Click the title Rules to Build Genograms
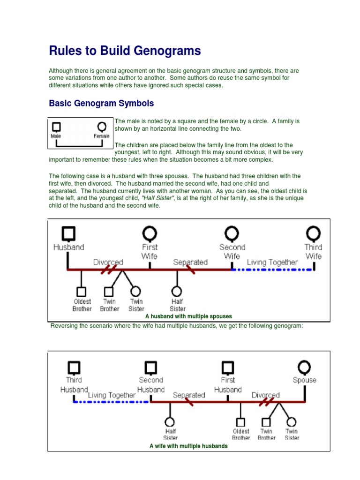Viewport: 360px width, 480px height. (125, 51)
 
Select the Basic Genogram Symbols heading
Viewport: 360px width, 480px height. (101, 103)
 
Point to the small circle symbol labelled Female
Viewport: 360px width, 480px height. (101, 127)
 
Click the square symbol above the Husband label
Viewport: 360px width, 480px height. (68, 233)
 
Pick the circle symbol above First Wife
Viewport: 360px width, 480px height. (150, 233)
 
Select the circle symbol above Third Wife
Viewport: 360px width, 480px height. (313, 233)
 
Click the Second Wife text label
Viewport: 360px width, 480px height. (232, 251)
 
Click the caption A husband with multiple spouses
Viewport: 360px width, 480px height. (188, 316)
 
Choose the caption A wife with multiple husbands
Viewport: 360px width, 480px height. (188, 446)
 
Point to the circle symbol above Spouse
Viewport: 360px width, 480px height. (304, 367)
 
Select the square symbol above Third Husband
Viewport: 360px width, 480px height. (74, 367)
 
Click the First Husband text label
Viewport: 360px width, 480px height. (228, 385)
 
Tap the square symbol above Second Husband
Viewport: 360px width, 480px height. (150, 367)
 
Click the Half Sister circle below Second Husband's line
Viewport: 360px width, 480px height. (170, 421)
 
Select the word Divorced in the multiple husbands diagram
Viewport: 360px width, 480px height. (265, 395)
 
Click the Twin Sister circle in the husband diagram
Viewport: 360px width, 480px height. (136, 292)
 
